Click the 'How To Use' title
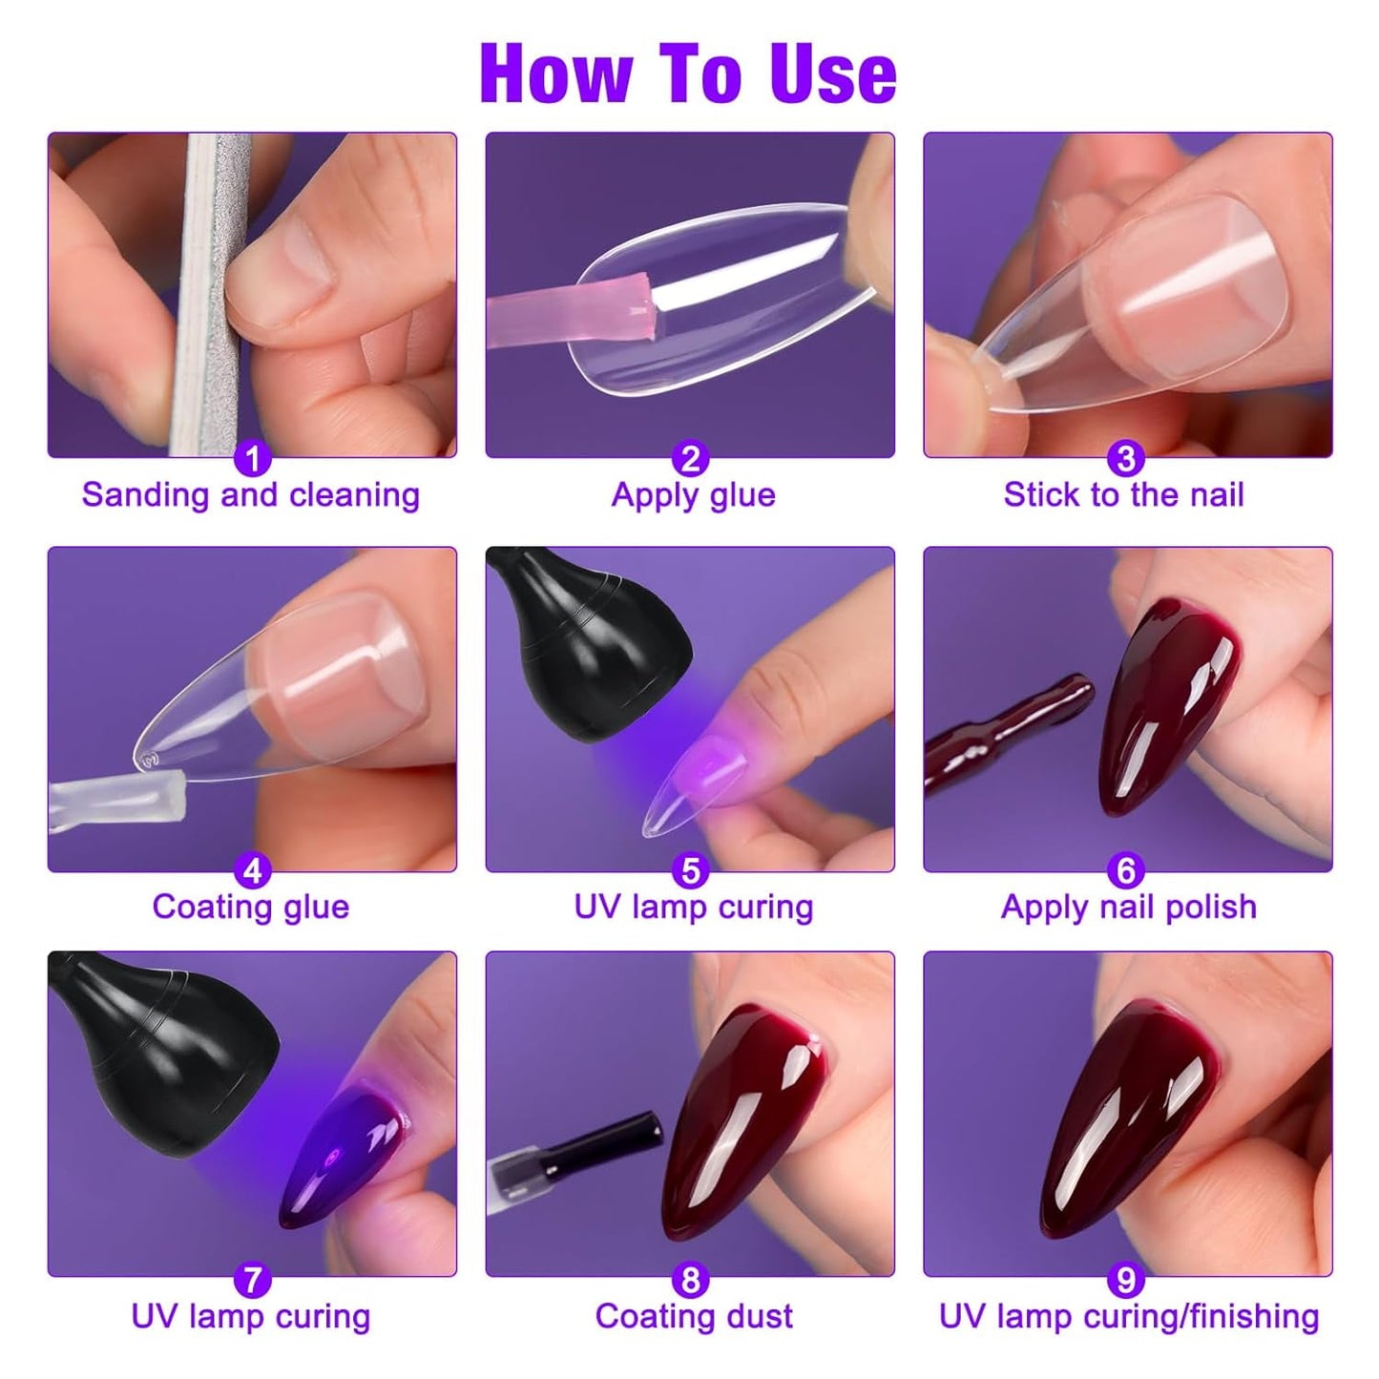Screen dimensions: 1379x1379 [688, 73]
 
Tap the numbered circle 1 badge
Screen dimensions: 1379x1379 [252, 459]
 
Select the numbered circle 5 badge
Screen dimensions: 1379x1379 [690, 870]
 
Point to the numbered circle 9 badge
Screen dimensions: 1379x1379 [1126, 1280]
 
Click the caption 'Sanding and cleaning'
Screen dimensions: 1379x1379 [251, 495]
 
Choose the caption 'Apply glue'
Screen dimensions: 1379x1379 [693, 495]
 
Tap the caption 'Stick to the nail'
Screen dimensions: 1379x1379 [1123, 495]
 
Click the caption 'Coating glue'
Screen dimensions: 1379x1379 [251, 907]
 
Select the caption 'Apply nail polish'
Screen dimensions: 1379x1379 [1128, 907]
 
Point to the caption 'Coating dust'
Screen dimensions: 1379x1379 [694, 1317]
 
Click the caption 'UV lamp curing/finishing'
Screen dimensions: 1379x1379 [1129, 1317]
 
